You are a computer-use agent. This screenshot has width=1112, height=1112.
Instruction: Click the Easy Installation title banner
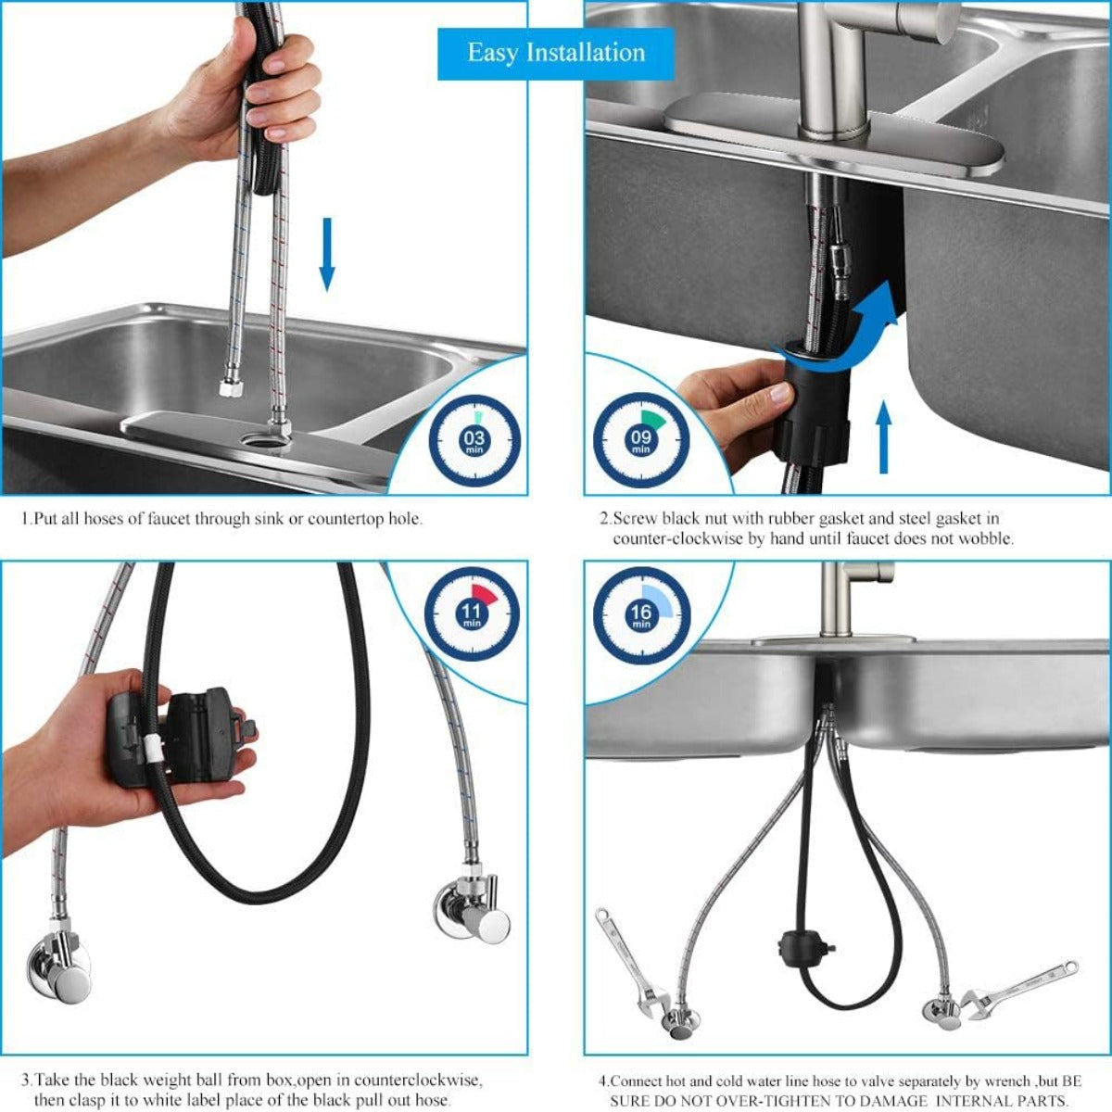coord(556,53)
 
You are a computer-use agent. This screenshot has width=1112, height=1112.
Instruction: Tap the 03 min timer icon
coord(474,441)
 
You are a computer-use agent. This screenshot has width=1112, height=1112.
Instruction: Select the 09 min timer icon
coord(640,441)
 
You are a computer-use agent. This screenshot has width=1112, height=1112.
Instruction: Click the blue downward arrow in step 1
coord(326,254)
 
